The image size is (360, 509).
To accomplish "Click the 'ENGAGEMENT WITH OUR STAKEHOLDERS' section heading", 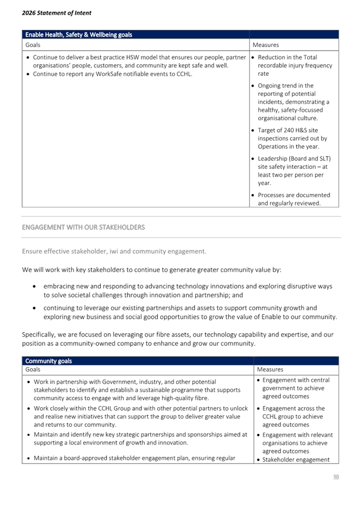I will (83, 227).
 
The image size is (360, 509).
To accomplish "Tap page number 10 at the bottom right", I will (336, 477).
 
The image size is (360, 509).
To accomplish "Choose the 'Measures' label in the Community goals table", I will (270, 369).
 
